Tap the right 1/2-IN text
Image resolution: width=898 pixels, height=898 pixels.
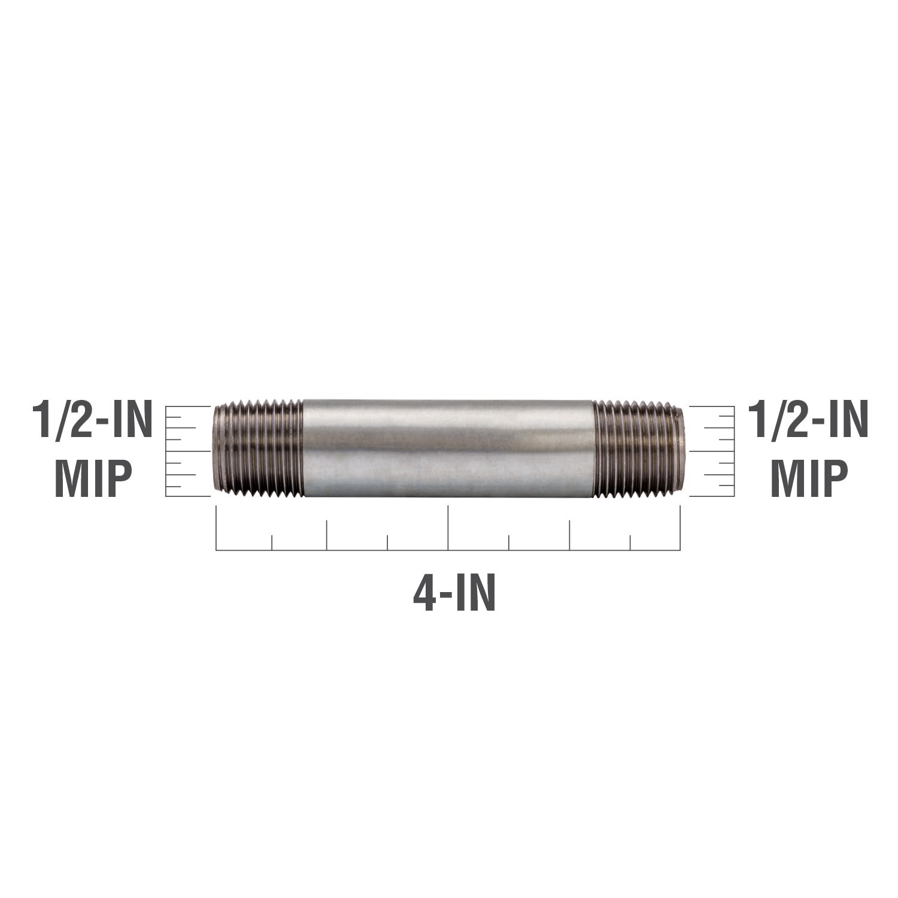pos(808,420)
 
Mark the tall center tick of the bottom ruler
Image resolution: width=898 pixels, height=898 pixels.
pos(448,527)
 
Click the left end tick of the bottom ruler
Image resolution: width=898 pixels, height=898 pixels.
pos(216,527)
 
